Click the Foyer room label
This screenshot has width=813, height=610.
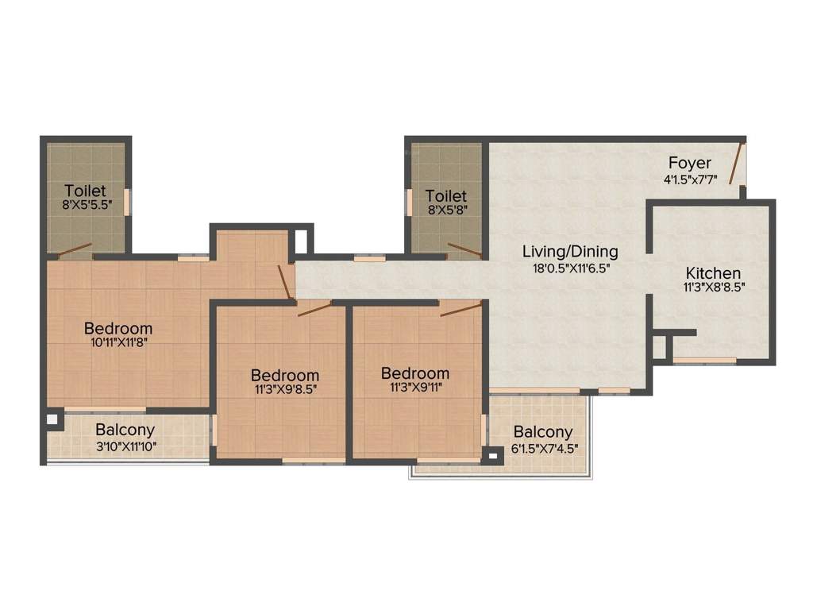[689, 164]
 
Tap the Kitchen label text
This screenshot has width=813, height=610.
[713, 273]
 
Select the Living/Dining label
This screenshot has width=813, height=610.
[569, 252]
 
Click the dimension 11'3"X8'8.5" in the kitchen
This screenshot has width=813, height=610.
[714, 289]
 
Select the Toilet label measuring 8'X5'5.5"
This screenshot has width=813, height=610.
[85, 191]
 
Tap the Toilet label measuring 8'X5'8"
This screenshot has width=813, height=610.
[445, 195]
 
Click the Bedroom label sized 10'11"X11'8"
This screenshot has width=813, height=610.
[118, 328]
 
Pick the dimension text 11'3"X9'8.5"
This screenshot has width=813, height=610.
[284, 390]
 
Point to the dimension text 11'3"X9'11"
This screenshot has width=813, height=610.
[414, 388]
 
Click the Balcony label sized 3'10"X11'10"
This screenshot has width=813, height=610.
[125, 431]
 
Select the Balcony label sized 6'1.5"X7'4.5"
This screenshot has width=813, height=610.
[543, 432]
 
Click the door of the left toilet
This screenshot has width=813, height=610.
[75, 249]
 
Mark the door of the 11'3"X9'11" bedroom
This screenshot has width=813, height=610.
[461, 309]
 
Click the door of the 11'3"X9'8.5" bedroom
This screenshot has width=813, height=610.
[315, 308]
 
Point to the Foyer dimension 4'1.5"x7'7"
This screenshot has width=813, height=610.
[690, 180]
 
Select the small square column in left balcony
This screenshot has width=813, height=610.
[52, 419]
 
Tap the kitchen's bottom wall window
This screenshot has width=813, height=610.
[704, 361]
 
